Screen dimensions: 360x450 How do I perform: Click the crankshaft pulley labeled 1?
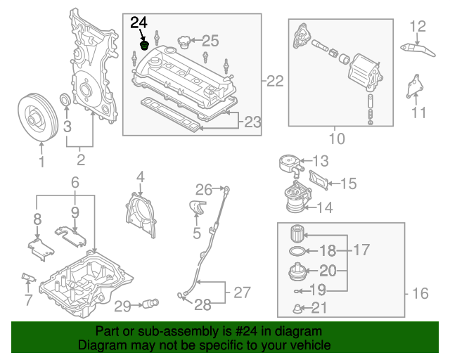(41, 115)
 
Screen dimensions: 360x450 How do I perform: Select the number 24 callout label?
(139, 22)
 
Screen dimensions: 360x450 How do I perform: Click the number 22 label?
(275, 81)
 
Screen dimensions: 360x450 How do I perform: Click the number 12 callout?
(418, 27)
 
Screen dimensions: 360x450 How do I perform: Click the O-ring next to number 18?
(298, 250)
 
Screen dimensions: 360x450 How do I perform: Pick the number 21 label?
(319, 307)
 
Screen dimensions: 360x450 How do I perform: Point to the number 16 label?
(420, 294)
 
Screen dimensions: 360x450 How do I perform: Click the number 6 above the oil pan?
(75, 183)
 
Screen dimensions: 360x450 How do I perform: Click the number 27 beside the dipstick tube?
(241, 290)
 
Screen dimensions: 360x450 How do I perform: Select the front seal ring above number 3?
(65, 101)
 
